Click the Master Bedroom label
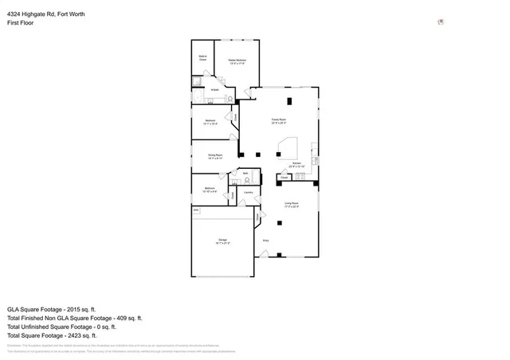237,61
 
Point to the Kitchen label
296,164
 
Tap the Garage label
222,241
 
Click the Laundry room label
249,192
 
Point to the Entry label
266,239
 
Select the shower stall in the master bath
196,82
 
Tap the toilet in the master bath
229,98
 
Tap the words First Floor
19,23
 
